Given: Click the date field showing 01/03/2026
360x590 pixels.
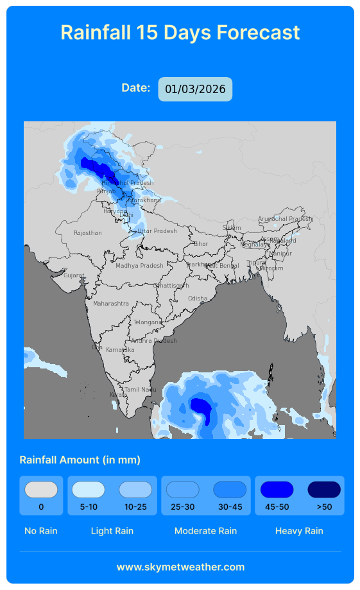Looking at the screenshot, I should (195, 89).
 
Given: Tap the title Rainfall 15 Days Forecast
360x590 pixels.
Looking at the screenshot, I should (180, 32).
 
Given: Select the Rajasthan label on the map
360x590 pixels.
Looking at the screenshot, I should (87, 233).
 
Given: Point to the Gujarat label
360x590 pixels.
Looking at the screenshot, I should (74, 275).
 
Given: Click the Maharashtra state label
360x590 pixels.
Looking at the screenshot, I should (111, 303).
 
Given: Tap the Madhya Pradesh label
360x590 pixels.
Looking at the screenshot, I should (139, 266).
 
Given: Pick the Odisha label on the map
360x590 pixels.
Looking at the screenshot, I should (198, 299).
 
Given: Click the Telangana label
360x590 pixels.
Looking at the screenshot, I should (148, 322).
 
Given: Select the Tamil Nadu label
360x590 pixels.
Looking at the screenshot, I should (140, 390).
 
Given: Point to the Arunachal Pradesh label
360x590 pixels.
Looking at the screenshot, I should (285, 219).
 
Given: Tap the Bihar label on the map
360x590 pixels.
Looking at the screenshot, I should (201, 244).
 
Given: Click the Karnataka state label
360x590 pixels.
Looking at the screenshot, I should (120, 350).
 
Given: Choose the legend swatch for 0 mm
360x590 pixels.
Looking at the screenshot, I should (41, 490).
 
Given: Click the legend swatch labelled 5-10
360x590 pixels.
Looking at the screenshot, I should (89, 490).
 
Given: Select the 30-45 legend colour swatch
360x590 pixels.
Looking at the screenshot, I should (230, 490).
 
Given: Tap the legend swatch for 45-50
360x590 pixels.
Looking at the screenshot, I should (277, 490).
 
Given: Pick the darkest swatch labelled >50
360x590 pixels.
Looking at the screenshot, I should (324, 490).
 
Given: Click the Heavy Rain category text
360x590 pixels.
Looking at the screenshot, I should (299, 531).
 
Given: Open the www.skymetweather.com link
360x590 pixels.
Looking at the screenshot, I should (180, 567).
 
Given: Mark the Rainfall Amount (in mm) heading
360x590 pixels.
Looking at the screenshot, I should (80, 460).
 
